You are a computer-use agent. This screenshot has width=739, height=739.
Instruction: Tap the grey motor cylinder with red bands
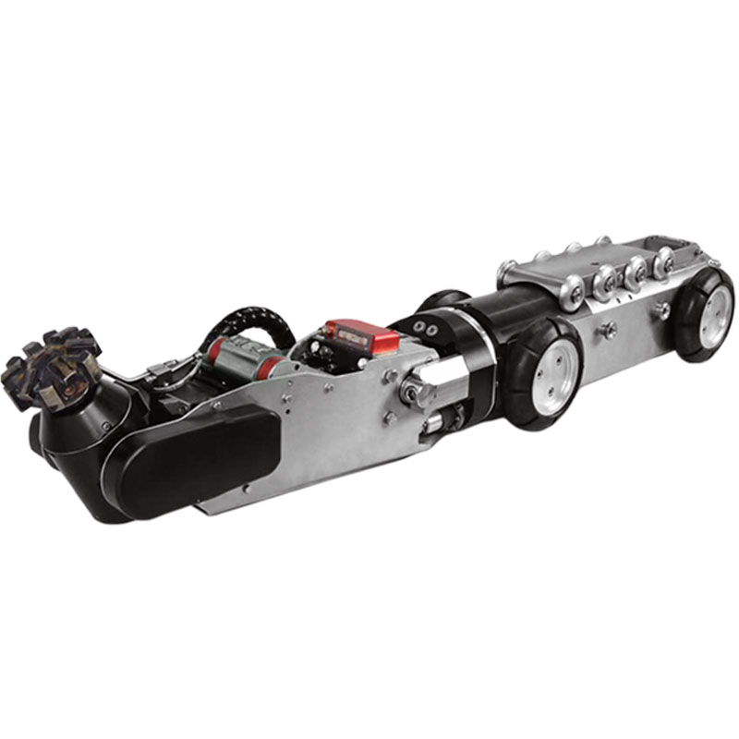coord(238,356)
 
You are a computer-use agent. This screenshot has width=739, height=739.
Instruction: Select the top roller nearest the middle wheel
coord(570,285)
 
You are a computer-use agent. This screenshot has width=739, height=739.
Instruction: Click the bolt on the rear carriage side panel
coord(608,327)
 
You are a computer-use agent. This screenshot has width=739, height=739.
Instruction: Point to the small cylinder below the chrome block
coord(434,426)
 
